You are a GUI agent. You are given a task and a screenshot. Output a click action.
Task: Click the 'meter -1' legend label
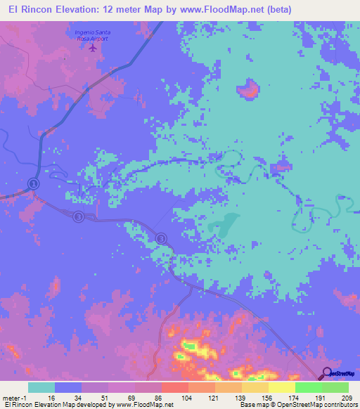(x=15, y=397)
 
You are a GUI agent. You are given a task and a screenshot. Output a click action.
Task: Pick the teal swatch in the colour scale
(x=41, y=387)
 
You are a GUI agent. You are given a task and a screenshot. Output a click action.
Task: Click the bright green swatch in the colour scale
(x=308, y=387)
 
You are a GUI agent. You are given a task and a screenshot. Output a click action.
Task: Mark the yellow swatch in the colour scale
(x=281, y=387)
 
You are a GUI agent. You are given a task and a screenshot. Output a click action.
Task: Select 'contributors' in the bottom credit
(x=338, y=405)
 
